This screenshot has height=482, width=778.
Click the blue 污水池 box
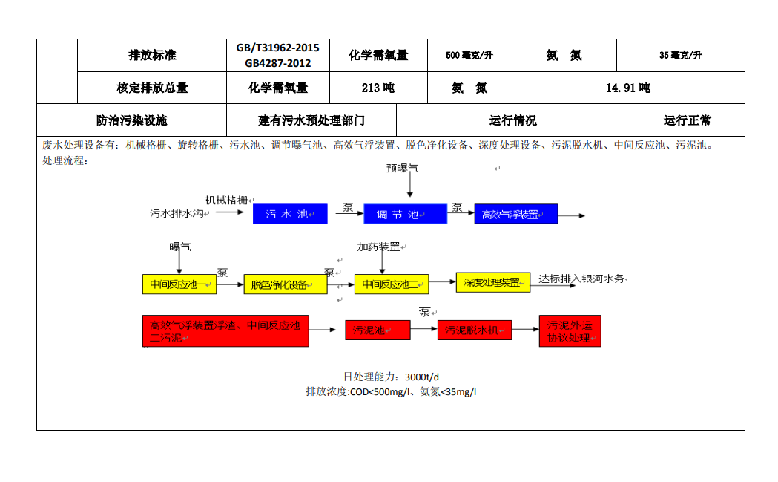click(x=290, y=214)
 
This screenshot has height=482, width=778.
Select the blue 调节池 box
click(x=405, y=214)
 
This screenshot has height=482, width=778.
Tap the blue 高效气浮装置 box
click(x=515, y=214)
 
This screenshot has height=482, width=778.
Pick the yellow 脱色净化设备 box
click(x=285, y=284)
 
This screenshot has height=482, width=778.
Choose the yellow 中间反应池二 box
click(x=391, y=284)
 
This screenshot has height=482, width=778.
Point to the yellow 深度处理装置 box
click(x=492, y=282)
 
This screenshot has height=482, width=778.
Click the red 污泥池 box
click(x=377, y=330)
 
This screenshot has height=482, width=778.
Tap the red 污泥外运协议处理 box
click(x=570, y=331)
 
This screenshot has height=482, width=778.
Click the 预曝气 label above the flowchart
click(x=402, y=168)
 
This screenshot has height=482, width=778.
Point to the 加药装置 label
click(x=379, y=247)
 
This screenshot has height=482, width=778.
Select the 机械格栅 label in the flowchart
click(x=226, y=200)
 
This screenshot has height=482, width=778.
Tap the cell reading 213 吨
click(x=378, y=88)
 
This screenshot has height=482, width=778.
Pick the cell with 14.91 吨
click(x=627, y=88)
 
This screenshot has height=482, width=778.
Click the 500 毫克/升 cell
click(x=469, y=55)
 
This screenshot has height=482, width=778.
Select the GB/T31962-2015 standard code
click(x=277, y=48)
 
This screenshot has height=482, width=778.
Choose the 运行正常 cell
click(x=687, y=120)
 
